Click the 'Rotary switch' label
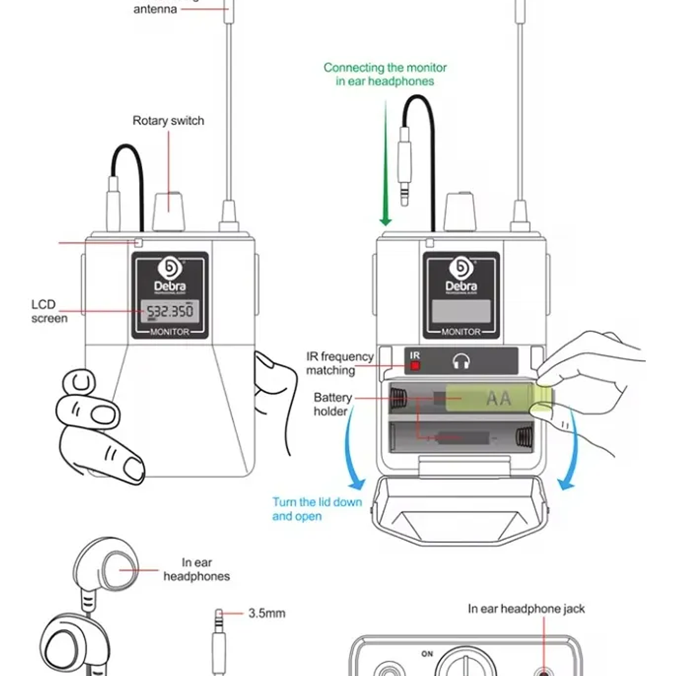168,121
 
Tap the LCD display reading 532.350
170,311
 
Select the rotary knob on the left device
169,211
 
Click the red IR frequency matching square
415,365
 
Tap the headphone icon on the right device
462,361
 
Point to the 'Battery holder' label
332,404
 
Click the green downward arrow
385,163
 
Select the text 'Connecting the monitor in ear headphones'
385,74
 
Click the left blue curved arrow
351,451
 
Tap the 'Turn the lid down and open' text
316,509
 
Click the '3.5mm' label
266,613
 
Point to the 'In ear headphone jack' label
526,608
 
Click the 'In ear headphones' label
197,569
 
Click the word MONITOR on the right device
461,332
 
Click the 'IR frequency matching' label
340,363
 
